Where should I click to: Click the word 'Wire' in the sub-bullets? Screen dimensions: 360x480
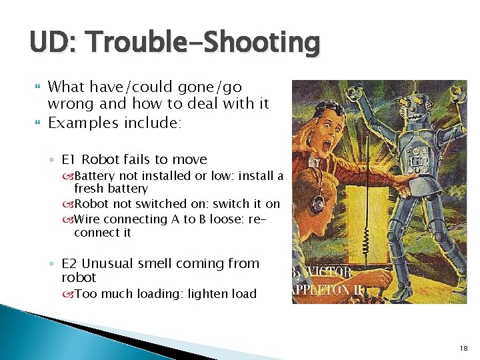87,219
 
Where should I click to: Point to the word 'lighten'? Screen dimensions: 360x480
202,294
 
